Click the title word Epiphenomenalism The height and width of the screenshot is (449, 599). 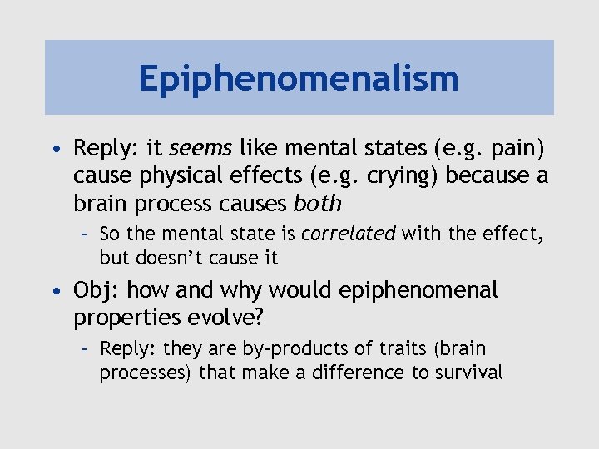pos(299,79)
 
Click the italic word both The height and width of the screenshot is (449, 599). pos(318,204)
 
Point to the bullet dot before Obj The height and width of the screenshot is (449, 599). pos(55,291)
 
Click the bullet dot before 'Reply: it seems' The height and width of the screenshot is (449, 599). pos(55,150)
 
